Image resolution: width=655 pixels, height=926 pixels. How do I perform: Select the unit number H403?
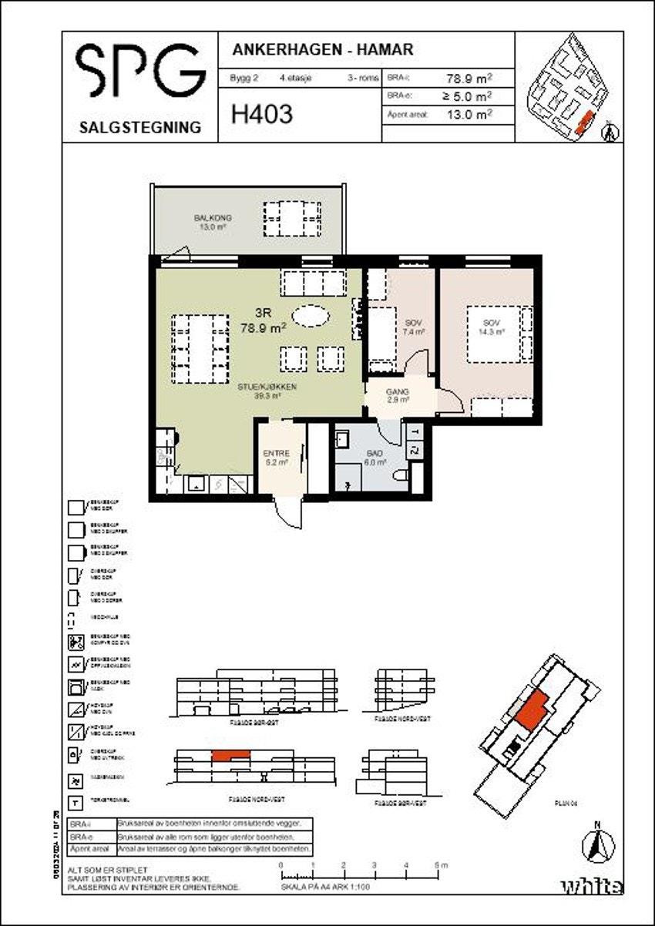261,116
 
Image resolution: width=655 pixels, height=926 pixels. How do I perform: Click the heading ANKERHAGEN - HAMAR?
322,50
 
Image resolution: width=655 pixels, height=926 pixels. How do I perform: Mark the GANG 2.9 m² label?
398,396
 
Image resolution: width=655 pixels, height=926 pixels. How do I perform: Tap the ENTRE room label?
275,458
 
